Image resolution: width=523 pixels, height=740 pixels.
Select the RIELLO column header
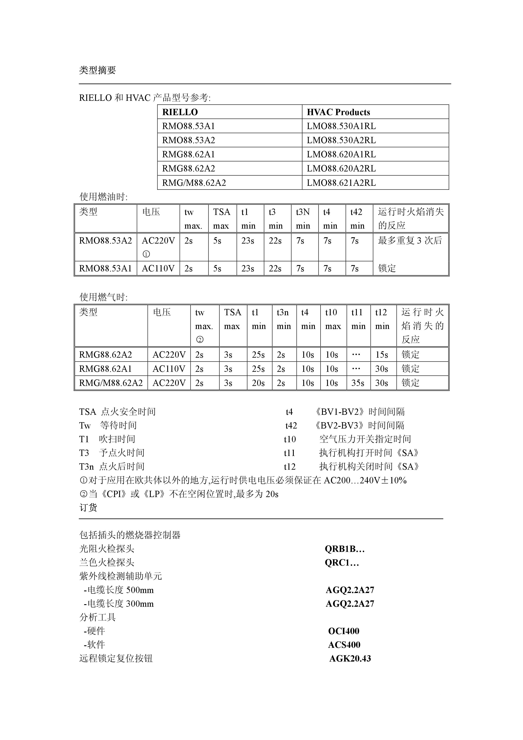coord(180,112)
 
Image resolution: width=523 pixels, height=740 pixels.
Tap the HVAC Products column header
coord(338,112)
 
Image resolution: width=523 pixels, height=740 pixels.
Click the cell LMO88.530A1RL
coord(341,126)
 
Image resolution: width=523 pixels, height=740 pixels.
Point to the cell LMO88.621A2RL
coord(341,183)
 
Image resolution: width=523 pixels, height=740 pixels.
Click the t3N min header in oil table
coord(303,218)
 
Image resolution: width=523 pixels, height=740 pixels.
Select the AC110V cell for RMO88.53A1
coord(158,268)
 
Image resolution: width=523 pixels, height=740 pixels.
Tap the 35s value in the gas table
coord(358,383)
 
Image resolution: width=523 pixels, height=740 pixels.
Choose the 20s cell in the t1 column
coord(258,383)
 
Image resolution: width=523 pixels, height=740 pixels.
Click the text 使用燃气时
coord(103,297)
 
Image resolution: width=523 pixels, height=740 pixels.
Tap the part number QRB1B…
coord(344,549)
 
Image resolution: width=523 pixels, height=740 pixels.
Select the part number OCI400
coord(344,631)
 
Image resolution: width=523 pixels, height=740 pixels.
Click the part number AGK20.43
coord(350,658)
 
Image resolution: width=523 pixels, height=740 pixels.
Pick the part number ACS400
coord(344,645)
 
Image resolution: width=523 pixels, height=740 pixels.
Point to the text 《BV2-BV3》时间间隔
coord(359,425)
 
